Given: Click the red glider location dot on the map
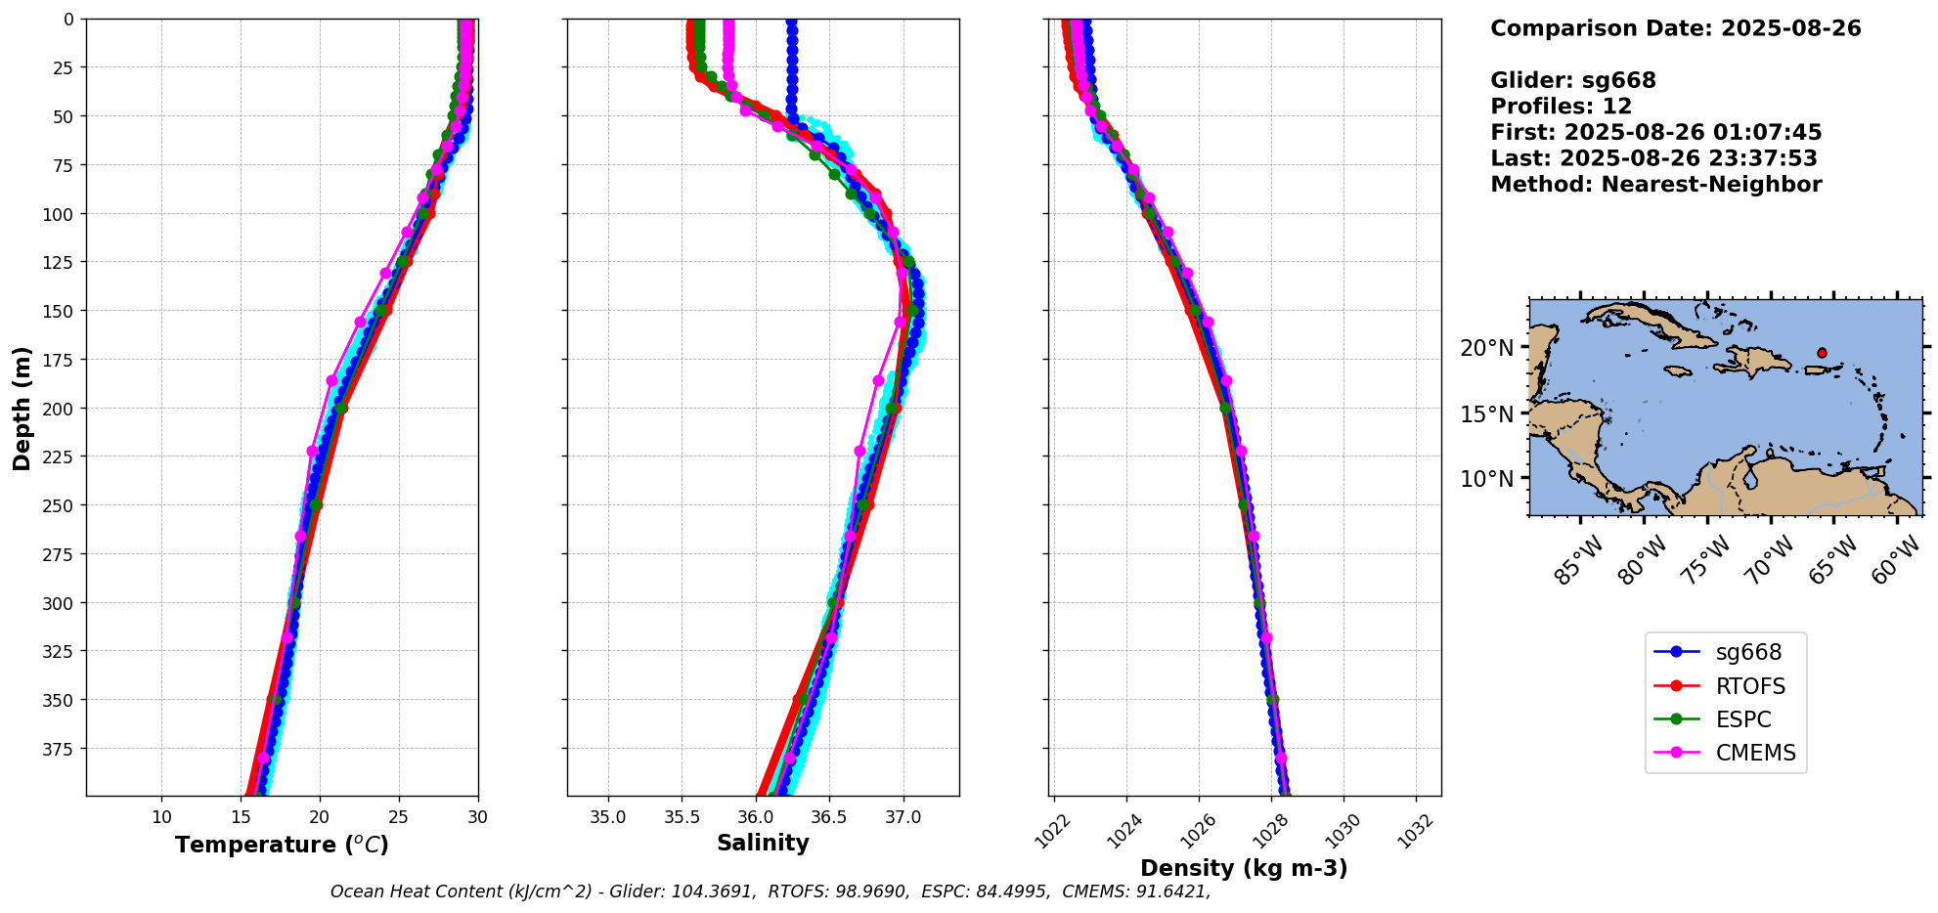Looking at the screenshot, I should click(x=1822, y=353).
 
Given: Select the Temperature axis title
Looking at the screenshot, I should click(x=282, y=845).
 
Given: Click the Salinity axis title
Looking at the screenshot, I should click(x=763, y=843).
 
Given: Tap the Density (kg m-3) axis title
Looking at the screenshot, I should click(x=1244, y=868).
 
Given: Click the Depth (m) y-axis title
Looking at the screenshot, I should click(x=22, y=408).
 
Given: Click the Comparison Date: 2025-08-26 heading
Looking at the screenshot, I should click(x=1675, y=28).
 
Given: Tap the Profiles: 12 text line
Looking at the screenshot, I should click(x=1561, y=107).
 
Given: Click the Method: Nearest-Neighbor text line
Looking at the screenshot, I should click(x=1655, y=185).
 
